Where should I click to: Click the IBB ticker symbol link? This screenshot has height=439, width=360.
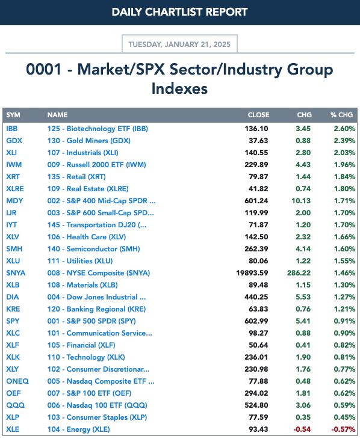pyautogui.click(x=12, y=129)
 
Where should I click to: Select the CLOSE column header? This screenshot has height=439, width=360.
pyautogui.click(x=258, y=115)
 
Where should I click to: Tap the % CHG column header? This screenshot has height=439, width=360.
pyautogui.click(x=341, y=115)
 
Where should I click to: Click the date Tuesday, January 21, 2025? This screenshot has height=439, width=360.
pyautogui.click(x=179, y=45)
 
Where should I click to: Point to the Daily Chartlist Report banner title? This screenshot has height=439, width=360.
pyautogui.click(x=179, y=12)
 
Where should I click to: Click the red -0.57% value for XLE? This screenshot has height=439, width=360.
pyautogui.click(x=343, y=429)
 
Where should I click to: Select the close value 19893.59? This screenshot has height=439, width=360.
pyautogui.click(x=252, y=272)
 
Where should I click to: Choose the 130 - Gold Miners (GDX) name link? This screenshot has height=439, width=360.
pyautogui.click(x=89, y=141)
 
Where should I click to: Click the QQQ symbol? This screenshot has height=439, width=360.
pyautogui.click(x=16, y=405)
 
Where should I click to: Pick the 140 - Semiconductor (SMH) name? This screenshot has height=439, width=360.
pyautogui.click(x=94, y=248)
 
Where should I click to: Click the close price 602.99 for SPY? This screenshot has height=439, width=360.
pyautogui.click(x=256, y=321)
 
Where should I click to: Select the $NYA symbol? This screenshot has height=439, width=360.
pyautogui.click(x=16, y=272)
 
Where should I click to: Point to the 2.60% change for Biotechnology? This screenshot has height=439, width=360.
pyautogui.click(x=344, y=129)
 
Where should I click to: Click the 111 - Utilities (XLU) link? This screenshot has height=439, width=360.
pyautogui.click(x=80, y=260)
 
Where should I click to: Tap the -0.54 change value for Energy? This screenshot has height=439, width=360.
pyautogui.click(x=302, y=429)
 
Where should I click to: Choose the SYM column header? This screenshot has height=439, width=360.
pyautogui.click(x=13, y=115)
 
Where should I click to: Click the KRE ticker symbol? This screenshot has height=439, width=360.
pyautogui.click(x=13, y=309)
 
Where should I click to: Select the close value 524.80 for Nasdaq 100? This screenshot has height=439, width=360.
pyautogui.click(x=256, y=405)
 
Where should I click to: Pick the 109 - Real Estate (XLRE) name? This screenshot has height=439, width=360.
pyautogui.click(x=88, y=189)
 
